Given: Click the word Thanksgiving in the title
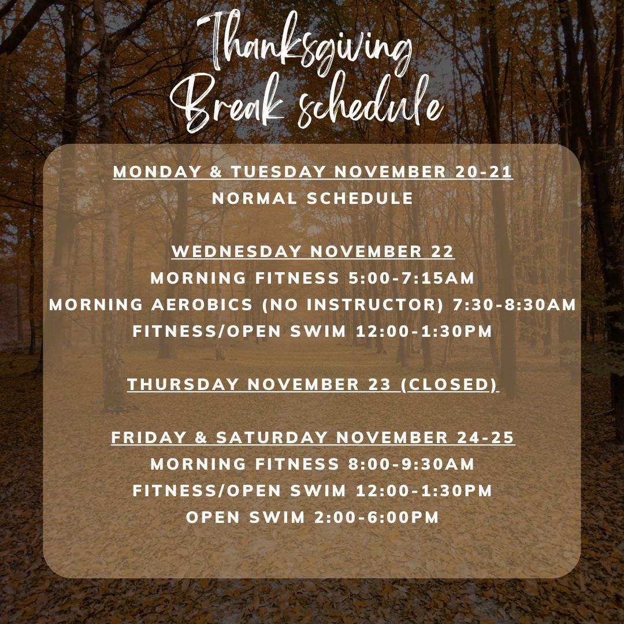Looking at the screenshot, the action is [x=305, y=44].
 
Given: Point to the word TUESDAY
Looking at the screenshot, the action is [x=278, y=172].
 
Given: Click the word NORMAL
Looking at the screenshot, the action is [x=255, y=199].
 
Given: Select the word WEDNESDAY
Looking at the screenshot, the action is [x=236, y=251].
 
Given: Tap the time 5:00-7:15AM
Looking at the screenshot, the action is [x=411, y=278].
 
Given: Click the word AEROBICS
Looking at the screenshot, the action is [x=202, y=305].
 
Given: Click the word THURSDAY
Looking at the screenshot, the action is [x=183, y=384].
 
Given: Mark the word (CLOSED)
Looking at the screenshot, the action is [x=450, y=384].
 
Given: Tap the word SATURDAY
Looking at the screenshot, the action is [x=272, y=438].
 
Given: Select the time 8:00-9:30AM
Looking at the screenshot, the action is [x=411, y=464].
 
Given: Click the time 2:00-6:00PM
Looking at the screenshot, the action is [x=377, y=517].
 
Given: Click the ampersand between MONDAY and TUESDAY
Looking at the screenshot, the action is [x=216, y=172].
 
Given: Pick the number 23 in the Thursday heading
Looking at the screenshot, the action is [x=380, y=384].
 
